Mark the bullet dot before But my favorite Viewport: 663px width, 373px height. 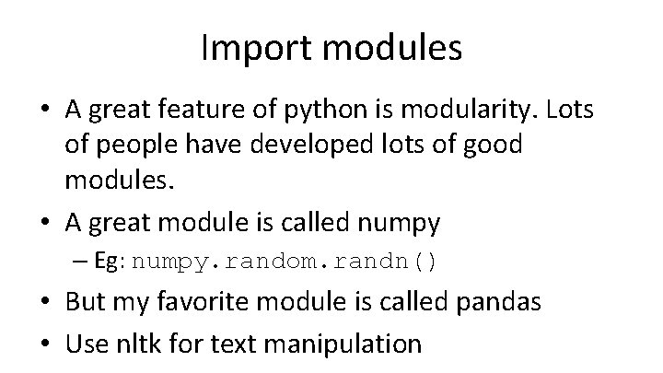point(46,304)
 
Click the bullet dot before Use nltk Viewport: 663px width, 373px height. point(46,344)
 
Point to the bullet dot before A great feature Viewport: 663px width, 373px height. point(46,112)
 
